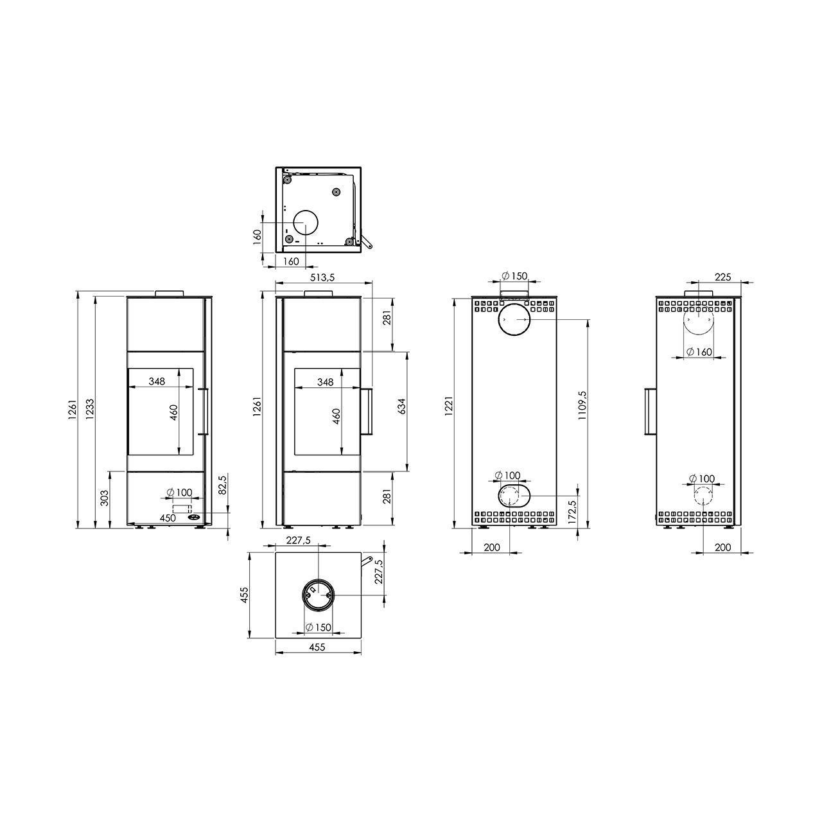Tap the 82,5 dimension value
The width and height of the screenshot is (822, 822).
pyautogui.click(x=222, y=484)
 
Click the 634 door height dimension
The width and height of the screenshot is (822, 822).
pyautogui.click(x=401, y=407)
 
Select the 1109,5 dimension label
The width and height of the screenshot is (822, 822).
pyautogui.click(x=582, y=406)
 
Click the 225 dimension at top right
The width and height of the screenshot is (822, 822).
pyautogui.click(x=723, y=277)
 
